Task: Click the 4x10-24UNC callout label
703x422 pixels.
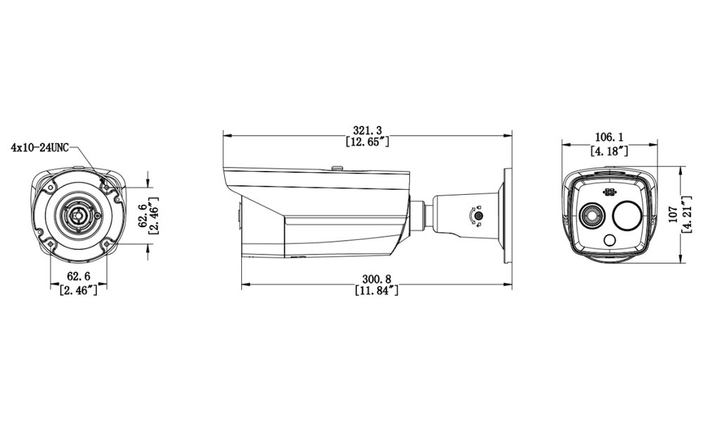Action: [40, 148]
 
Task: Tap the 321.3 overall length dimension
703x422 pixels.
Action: [368, 130]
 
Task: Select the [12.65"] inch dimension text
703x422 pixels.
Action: [368, 141]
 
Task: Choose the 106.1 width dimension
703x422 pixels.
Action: [610, 137]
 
